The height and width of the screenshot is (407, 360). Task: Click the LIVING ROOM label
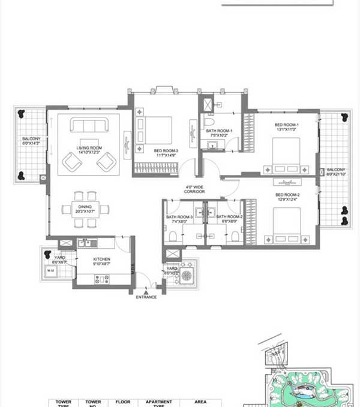(88, 149)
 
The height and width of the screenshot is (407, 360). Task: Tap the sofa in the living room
(89, 126)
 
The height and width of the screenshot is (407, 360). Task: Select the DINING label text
(82, 208)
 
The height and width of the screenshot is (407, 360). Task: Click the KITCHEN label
(101, 261)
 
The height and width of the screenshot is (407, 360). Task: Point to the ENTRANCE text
(146, 297)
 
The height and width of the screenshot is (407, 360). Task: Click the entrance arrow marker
(146, 290)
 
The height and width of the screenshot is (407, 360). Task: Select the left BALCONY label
(29, 141)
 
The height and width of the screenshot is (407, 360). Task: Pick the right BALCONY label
(335, 171)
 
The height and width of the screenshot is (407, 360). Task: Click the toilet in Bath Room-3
(172, 236)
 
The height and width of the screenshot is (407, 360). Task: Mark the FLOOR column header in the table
(123, 402)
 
